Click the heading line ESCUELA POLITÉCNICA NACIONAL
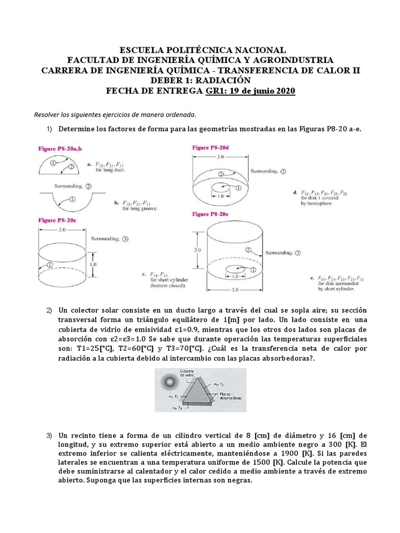pos(203,50)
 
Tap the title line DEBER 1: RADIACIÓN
pos(201,81)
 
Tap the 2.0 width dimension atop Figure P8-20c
pos(63,229)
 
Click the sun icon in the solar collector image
pos(170,383)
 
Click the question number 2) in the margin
pos(50,311)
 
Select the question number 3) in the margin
pos(50,435)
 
